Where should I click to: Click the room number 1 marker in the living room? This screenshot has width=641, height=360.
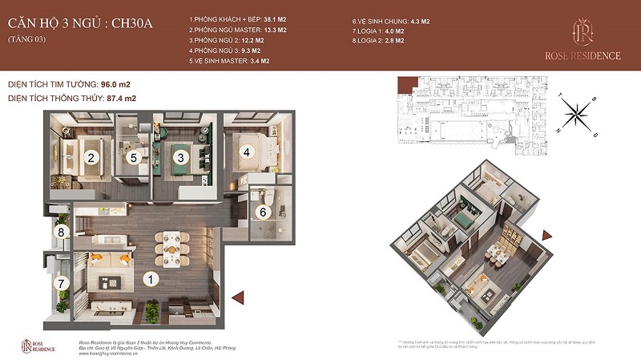coord(148,280)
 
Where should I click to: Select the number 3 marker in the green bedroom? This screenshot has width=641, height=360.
coord(182,157)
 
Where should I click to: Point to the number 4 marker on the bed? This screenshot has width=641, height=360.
coord(248,152)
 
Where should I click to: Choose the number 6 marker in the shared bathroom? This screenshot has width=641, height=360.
coord(262,212)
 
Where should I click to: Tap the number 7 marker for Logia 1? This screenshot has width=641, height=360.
coord(59,283)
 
